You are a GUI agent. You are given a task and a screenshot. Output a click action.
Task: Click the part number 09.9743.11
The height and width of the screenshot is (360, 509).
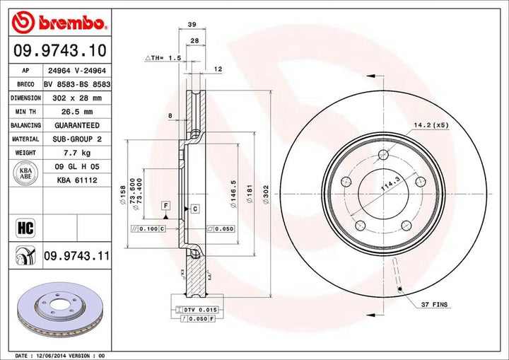76,255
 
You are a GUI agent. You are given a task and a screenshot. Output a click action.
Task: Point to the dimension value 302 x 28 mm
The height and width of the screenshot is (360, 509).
76,98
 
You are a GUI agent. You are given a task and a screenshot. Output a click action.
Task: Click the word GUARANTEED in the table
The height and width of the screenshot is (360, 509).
76,124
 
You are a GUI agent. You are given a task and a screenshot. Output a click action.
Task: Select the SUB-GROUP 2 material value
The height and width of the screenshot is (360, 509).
76,139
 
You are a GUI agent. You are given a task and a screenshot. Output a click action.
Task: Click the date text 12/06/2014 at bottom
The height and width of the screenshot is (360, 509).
58,354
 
